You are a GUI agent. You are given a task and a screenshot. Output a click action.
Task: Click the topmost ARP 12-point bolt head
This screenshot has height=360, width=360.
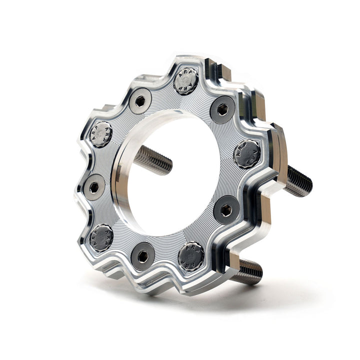tap(186, 81)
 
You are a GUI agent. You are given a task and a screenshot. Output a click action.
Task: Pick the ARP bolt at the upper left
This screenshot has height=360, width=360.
tap(101, 134)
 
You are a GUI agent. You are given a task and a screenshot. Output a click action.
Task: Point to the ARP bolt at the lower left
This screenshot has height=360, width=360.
tap(101, 237)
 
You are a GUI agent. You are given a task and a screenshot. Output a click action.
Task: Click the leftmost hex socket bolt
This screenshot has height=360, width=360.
tap(94, 187)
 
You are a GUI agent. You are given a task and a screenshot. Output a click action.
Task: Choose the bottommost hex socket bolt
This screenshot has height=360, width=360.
tap(142, 256)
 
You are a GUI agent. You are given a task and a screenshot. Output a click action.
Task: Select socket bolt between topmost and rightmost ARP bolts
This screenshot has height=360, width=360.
tap(222, 109)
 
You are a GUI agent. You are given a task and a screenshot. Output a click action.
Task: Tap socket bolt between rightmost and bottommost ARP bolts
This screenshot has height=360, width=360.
tap(226, 210)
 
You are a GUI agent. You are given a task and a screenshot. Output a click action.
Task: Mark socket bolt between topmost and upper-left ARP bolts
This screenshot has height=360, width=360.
tap(140, 101)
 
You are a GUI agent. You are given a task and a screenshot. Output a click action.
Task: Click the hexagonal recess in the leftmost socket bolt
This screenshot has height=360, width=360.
tap(94, 187)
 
